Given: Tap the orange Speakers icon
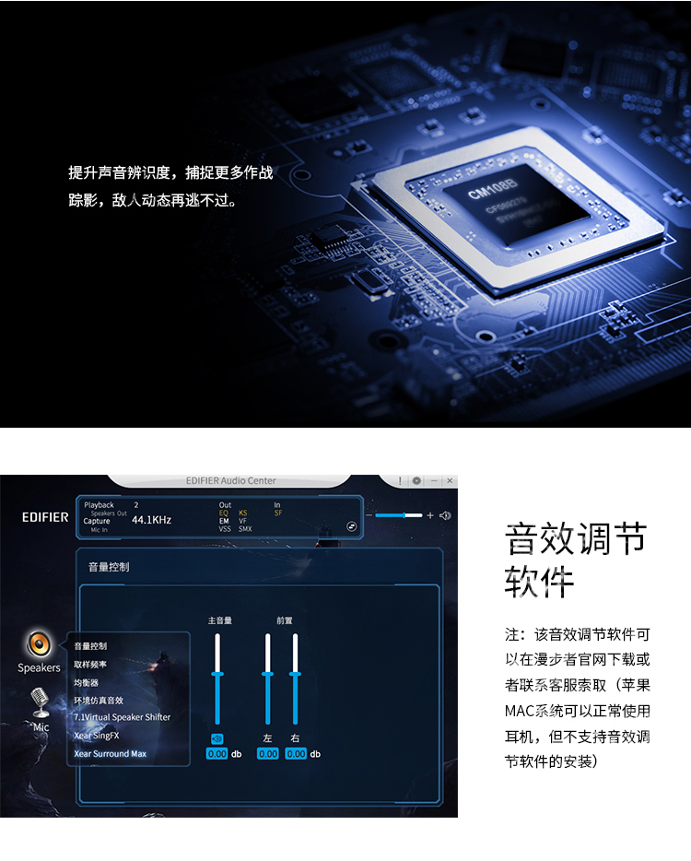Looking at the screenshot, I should [39, 643].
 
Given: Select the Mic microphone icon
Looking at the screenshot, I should [41, 702].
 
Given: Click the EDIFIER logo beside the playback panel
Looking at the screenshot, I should [45, 517].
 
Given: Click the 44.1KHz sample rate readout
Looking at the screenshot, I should [151, 520].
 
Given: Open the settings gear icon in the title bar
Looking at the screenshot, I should [416, 481].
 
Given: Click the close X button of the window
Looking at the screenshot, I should [450, 481].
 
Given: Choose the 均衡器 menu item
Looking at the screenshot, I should [87, 682].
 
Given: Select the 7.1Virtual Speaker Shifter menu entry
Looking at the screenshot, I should [122, 717].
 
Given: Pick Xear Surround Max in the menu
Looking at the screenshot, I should [110, 753].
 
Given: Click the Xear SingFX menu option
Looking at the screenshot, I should [97, 736].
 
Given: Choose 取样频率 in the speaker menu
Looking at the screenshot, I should [90, 665].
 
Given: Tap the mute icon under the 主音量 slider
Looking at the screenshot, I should [217, 737].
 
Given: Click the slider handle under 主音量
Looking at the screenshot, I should [217, 674].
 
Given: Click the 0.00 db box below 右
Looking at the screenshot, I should [296, 754].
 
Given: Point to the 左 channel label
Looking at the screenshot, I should [268, 737].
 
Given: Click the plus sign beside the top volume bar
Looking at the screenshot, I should [430, 515].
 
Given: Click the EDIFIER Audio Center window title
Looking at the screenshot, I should [230, 481].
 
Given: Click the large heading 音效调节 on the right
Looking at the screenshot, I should [576, 537].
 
